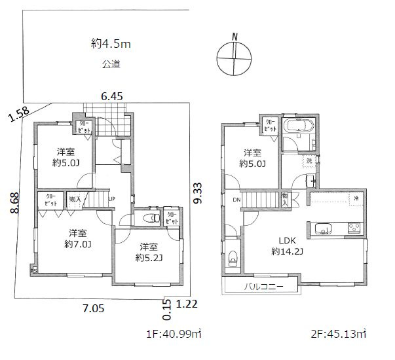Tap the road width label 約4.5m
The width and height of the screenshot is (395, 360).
[113, 45]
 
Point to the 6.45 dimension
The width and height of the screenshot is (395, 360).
[112, 96]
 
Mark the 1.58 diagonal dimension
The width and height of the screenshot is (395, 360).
[20, 116]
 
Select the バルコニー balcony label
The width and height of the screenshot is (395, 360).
[264, 287]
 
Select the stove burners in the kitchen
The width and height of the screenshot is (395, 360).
[354, 228]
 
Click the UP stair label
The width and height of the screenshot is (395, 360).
[112, 199]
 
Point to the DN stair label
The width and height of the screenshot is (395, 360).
[236, 200]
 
